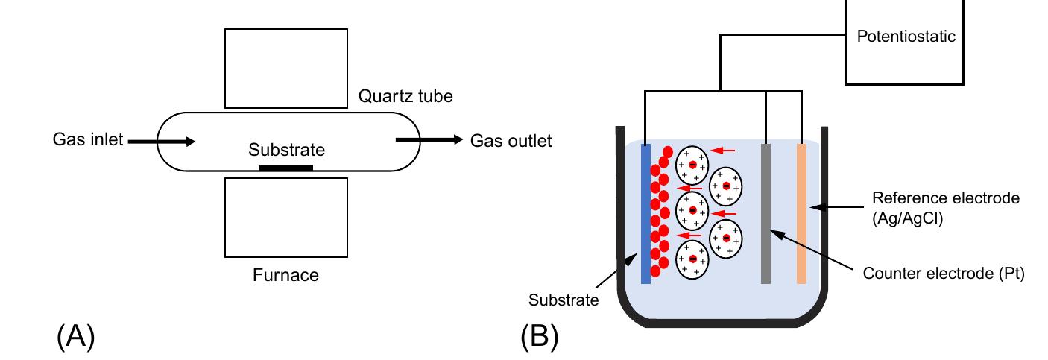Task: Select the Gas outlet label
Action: (511, 141)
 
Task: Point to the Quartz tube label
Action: (405, 97)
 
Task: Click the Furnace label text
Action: (285, 275)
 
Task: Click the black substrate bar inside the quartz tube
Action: (285, 168)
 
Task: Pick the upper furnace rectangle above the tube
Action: (285, 68)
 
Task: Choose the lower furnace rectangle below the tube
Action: (285, 217)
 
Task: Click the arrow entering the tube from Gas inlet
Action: (162, 140)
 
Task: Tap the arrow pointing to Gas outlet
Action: (429, 140)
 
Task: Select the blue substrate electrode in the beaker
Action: (645, 213)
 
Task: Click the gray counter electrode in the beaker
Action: (766, 213)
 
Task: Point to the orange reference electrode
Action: (801, 213)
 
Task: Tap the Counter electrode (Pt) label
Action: (944, 274)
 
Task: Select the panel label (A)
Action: (75, 336)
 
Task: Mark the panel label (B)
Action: (539, 336)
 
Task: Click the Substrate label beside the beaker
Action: (564, 300)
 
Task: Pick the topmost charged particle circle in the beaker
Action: (692, 164)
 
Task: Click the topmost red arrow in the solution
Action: (722, 151)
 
